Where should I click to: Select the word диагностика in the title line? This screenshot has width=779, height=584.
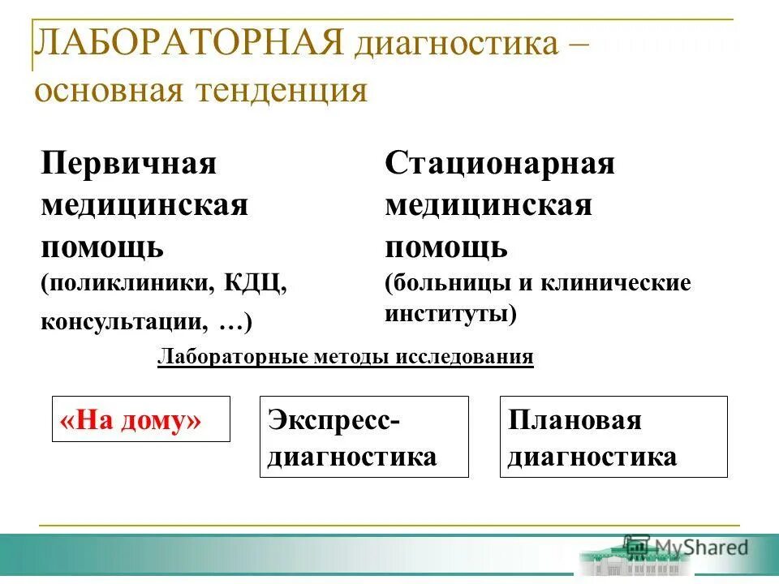click(x=455, y=44)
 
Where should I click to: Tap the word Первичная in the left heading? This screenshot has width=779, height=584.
click(x=129, y=164)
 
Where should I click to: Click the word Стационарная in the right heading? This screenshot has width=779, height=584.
click(x=500, y=164)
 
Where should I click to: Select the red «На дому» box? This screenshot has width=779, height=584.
click(x=140, y=419)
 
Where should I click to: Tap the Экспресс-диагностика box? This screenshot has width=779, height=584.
click(x=364, y=436)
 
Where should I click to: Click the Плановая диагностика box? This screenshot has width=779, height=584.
click(x=613, y=436)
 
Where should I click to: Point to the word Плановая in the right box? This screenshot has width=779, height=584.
click(x=575, y=420)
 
